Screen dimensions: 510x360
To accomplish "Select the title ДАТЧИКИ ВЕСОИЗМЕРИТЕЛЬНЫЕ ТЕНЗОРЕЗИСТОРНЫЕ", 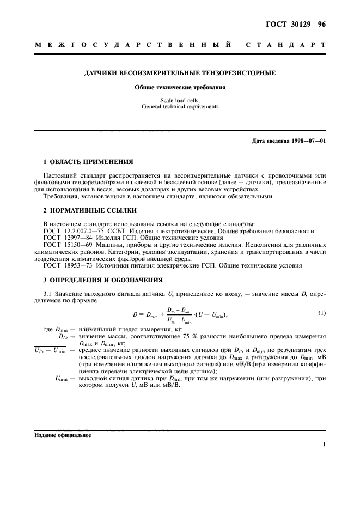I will click(179, 72).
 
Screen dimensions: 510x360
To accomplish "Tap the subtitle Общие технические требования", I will click(179, 87).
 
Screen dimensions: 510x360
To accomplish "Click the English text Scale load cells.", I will click(179, 100).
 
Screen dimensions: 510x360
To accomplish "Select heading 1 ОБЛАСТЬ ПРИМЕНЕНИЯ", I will click(88, 162).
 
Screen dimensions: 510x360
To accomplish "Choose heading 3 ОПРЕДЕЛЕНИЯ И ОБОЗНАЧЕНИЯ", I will click(103, 280).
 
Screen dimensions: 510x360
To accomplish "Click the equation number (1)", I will click(322, 313).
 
